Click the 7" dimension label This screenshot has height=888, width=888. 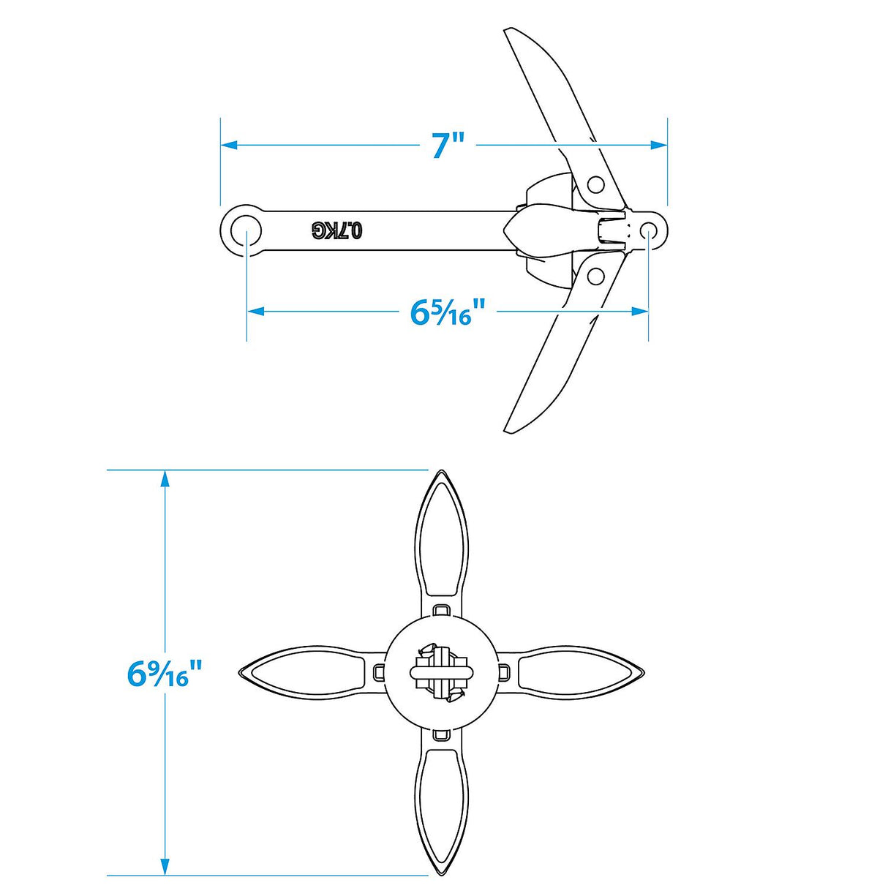click(448, 145)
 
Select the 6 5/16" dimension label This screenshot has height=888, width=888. click(448, 312)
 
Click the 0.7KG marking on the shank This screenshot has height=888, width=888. click(337, 230)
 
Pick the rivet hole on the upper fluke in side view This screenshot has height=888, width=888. click(595, 184)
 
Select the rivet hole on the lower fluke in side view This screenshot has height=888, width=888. click(595, 276)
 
